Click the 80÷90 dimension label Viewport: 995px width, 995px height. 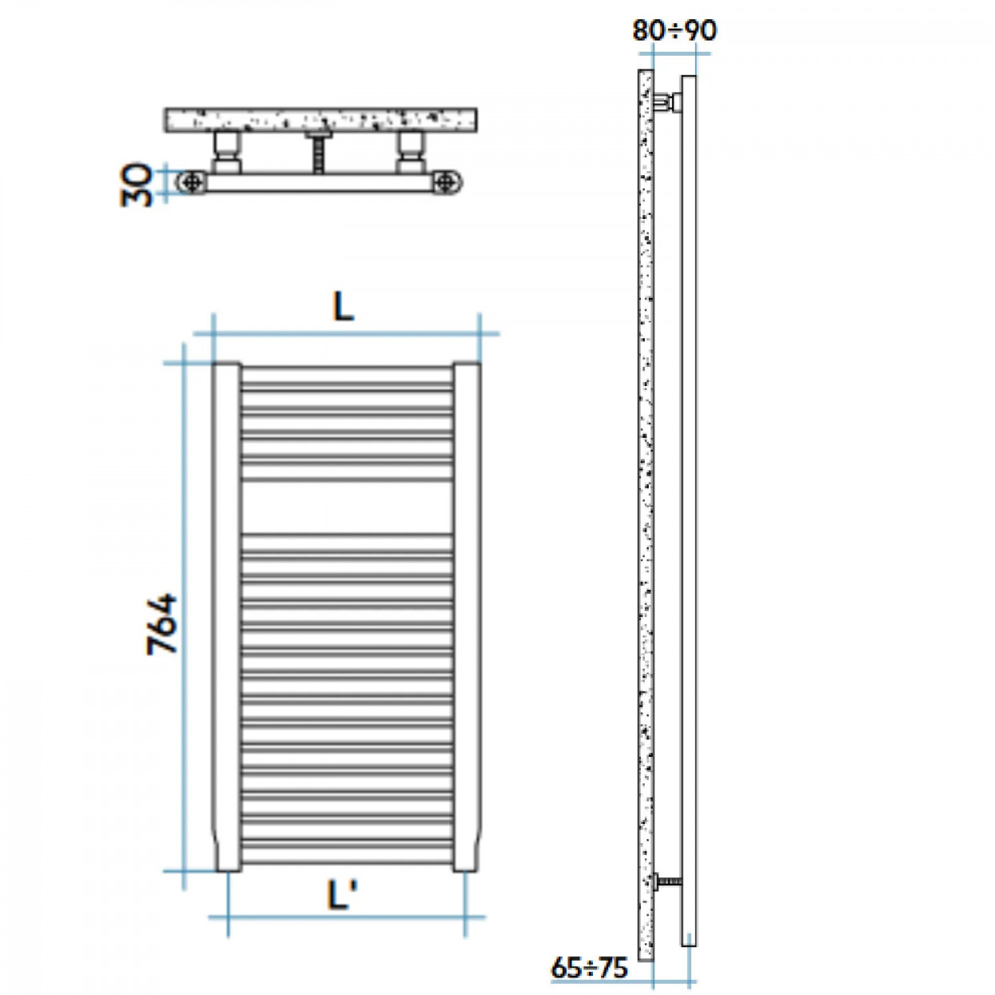tap(674, 31)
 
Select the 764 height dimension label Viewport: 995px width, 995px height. tap(162, 625)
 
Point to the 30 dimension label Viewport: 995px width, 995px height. tap(136, 185)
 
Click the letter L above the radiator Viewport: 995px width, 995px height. tap(343, 308)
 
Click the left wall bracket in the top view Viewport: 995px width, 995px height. tap(226, 152)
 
